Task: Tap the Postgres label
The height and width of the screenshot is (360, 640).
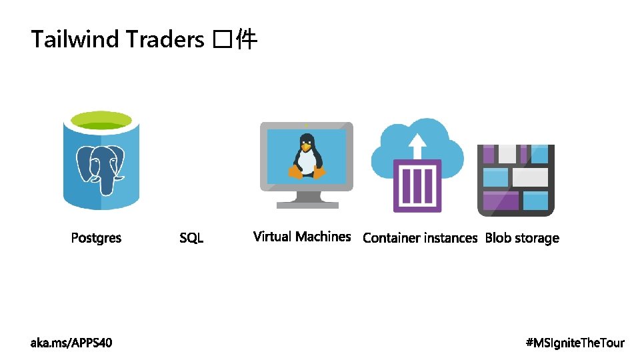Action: click(97, 238)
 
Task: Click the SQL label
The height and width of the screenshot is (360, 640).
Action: click(191, 238)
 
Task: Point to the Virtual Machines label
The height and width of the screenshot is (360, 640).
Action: click(302, 237)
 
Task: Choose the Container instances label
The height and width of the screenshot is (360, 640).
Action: click(420, 238)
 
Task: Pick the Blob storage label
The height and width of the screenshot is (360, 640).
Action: click(522, 238)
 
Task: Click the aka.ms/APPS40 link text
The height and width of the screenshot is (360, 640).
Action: click(71, 343)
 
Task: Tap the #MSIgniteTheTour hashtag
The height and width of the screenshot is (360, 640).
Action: click(575, 343)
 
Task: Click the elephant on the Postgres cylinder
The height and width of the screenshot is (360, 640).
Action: click(101, 167)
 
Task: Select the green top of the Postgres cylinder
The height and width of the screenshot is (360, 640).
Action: click(101, 121)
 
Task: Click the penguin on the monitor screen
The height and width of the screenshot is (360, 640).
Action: click(306, 156)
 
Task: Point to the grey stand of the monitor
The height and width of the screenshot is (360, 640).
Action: click(306, 198)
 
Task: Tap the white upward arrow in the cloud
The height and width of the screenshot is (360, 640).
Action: click(417, 143)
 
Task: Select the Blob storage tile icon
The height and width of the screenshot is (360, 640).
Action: click(516, 180)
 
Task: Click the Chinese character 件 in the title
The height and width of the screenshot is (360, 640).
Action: click(247, 40)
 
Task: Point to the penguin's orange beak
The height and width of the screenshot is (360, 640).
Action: click(307, 147)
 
